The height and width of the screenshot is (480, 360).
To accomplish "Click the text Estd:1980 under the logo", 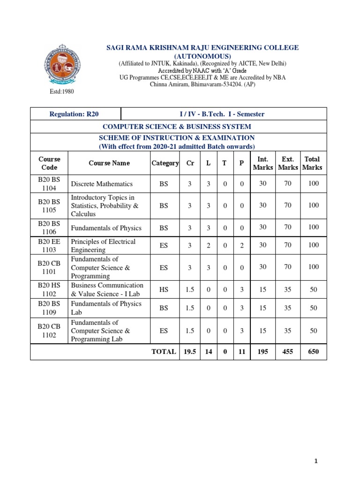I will (62, 92).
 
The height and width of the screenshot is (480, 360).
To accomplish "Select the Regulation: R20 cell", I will (75, 114).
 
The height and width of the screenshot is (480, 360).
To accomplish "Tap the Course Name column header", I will (109, 163).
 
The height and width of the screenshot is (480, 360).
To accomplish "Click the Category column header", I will (165, 163).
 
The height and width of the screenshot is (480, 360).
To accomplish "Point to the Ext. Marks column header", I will (287, 163).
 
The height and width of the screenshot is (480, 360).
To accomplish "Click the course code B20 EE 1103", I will (49, 246).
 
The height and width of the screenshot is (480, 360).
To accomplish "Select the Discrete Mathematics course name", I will (102, 184).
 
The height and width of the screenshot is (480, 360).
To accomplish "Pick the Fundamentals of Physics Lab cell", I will (106, 307).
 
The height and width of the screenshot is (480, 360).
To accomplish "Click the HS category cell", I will (164, 290).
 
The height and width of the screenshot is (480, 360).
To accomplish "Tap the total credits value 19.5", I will (189, 351).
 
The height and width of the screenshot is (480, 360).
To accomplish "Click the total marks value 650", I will (313, 351).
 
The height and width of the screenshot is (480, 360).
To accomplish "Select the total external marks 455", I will (287, 351).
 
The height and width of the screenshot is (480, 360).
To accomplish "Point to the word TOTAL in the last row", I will (164, 351).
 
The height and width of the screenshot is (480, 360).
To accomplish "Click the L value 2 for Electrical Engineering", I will (208, 245).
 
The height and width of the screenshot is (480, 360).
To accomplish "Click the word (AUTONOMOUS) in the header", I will (202, 56).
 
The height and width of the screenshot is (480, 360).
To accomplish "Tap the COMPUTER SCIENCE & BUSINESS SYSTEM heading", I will (177, 127).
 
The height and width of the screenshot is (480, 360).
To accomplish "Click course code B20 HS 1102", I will (49, 290).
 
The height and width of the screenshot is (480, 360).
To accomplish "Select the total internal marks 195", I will (262, 351).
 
